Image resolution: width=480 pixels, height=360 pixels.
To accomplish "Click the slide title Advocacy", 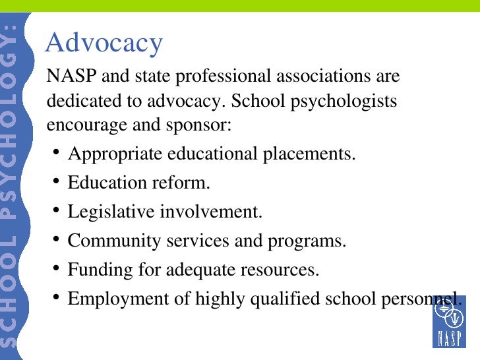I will (104, 44).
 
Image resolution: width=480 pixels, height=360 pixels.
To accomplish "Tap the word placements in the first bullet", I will (309, 154).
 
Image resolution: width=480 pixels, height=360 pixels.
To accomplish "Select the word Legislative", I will (109, 212).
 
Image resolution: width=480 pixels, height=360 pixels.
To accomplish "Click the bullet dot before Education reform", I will (57, 181).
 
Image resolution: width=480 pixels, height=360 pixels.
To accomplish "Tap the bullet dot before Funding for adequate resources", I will (57, 268).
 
